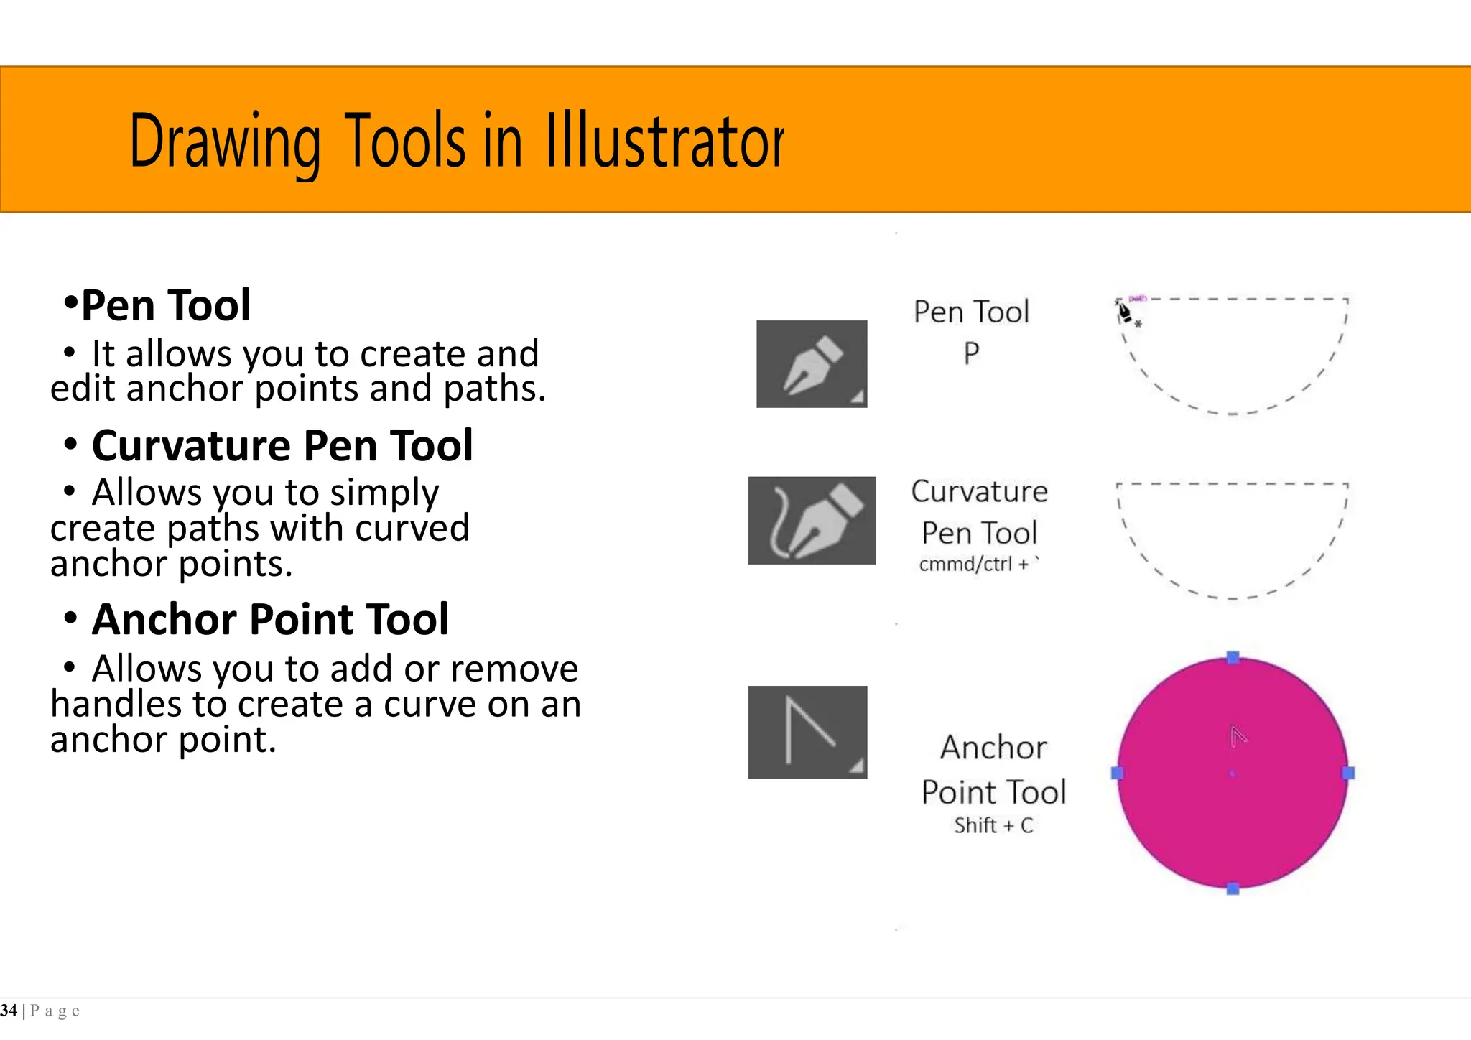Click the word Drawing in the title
[x=224, y=142]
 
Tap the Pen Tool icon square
[x=812, y=364]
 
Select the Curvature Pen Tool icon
[x=812, y=520]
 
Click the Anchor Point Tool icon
[x=807, y=732]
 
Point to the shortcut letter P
[x=971, y=353]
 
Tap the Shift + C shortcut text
[x=993, y=825]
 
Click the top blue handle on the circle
[x=1233, y=657]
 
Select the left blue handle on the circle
[x=1117, y=773]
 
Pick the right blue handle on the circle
[x=1348, y=773]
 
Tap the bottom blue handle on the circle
[x=1233, y=888]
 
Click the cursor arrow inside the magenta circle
[x=1238, y=736]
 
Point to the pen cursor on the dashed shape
[x=1124, y=312]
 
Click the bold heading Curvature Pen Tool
[x=282, y=445]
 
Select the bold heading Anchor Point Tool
[x=270, y=619]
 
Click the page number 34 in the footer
[x=9, y=1011]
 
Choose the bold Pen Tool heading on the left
[x=165, y=305]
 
